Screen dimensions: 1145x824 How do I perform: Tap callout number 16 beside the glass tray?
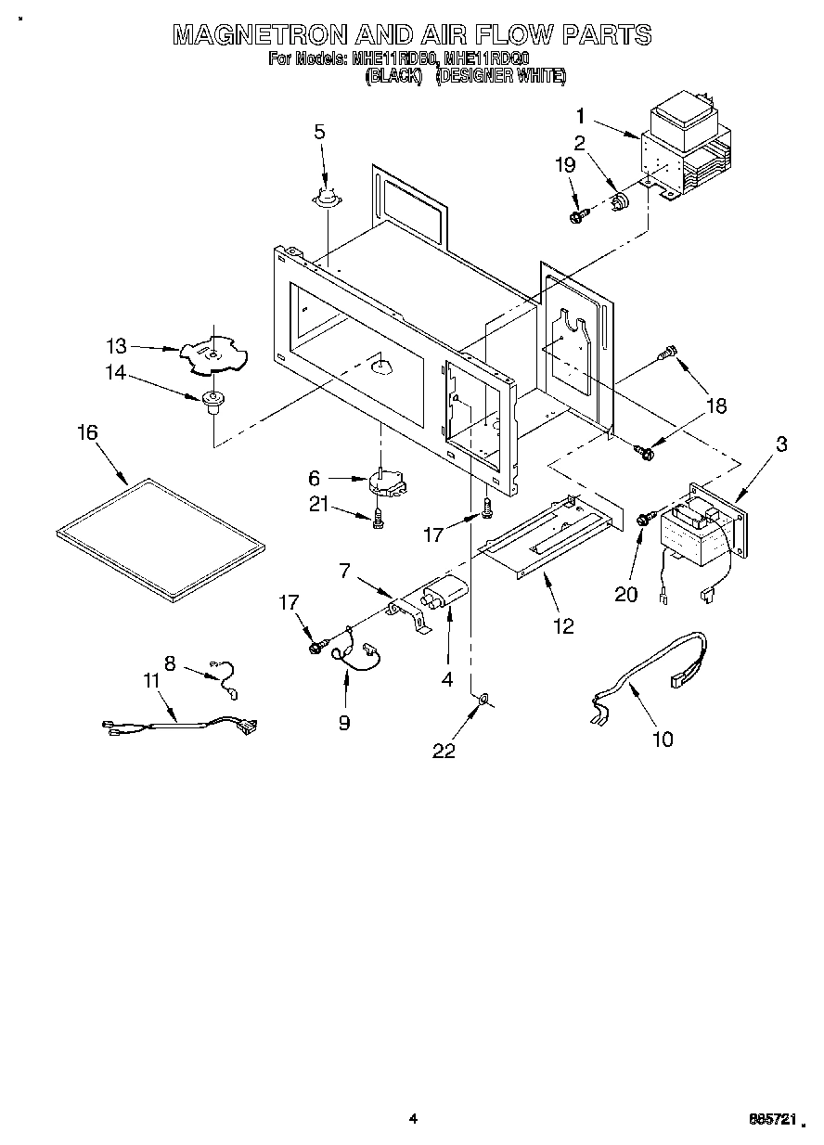pos(88,433)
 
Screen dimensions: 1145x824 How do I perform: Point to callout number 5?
pos(319,132)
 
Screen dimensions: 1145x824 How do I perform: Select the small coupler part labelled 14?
pos(213,401)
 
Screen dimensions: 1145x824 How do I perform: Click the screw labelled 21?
pos(377,521)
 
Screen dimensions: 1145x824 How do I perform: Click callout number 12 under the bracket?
pos(563,627)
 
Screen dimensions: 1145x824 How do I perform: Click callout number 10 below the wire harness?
pos(663,739)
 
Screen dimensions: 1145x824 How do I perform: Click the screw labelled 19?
pos(577,216)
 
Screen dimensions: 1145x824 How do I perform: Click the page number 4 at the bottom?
pos(413,1119)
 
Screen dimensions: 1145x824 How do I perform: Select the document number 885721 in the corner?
pos(771,1120)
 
